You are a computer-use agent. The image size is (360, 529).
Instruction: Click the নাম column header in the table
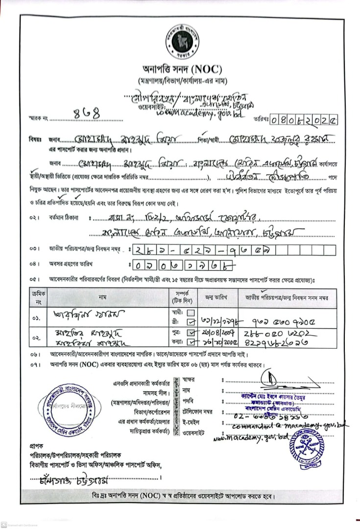tap(102, 297)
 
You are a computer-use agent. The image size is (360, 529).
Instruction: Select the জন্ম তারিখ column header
tap(216, 297)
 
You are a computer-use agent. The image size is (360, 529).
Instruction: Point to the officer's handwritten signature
tap(271, 379)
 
